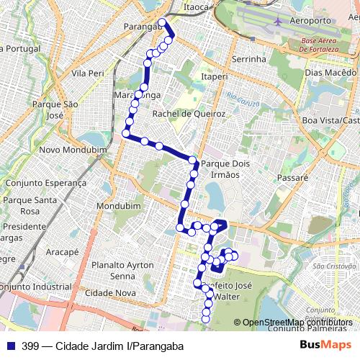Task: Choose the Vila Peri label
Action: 89,73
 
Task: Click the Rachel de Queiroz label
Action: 189,114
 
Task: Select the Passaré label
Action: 292,176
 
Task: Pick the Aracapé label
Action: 62,253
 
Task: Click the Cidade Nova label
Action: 110,293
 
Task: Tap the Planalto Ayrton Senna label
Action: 123,270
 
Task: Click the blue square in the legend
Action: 9,346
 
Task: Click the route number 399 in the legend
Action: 31,346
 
